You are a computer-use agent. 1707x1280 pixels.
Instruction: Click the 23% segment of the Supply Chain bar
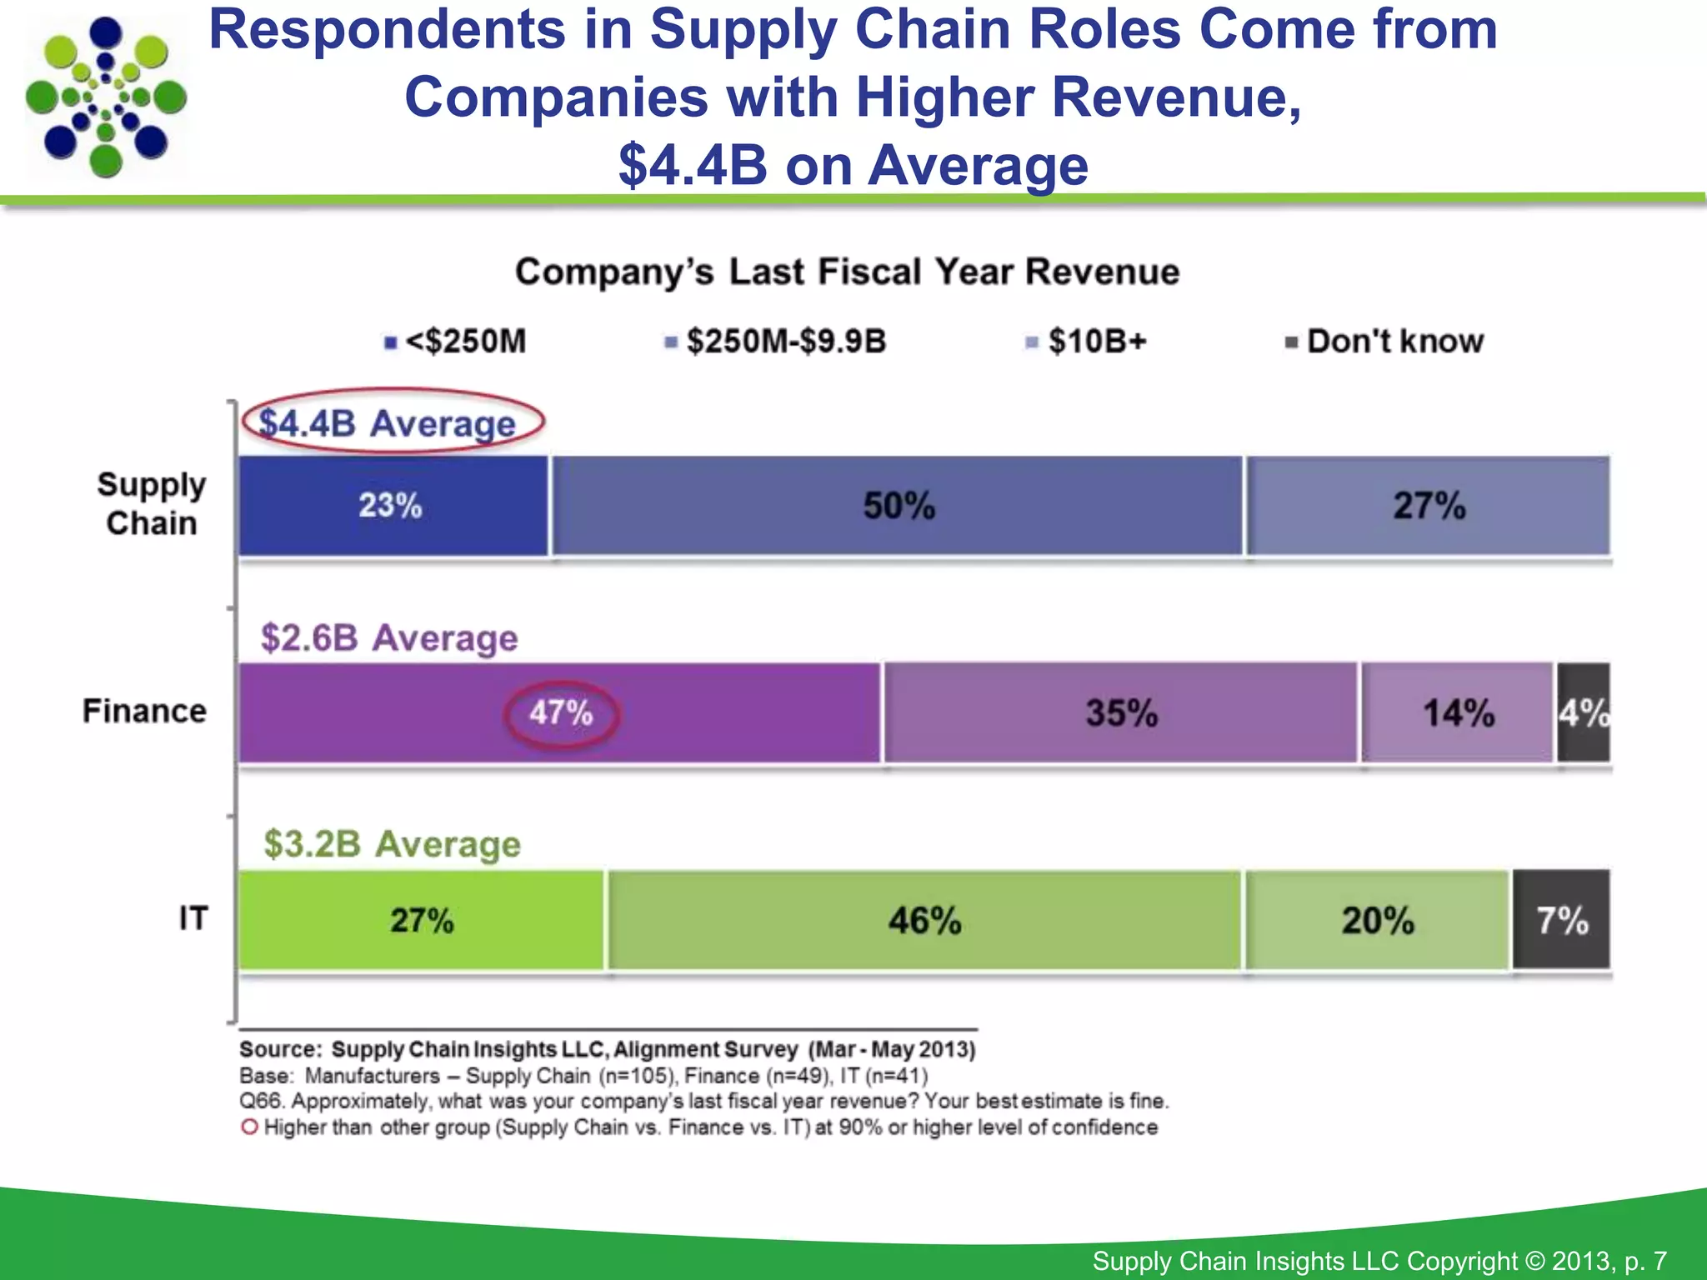[392, 506]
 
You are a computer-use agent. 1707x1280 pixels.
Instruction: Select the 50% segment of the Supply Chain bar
[898, 506]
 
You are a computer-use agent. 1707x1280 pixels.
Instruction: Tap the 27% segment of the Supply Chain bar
[1428, 506]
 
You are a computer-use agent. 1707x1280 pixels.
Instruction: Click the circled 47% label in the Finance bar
[561, 714]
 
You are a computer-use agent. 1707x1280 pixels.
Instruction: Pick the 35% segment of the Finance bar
[1121, 713]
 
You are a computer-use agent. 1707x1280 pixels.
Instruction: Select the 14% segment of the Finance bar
[1458, 713]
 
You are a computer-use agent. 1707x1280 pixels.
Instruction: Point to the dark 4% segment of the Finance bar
[1584, 713]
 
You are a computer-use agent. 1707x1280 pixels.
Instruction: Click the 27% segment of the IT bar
[422, 921]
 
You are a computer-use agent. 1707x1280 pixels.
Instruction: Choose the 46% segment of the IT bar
[924, 921]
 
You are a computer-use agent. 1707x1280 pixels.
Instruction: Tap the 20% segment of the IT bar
[1378, 921]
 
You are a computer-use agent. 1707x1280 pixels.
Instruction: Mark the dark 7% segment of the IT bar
[1562, 921]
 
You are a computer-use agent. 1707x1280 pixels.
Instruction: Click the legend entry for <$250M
[456, 342]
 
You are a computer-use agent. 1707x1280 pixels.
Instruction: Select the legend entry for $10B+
[1088, 342]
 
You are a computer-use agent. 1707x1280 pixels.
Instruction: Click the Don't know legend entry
[1386, 342]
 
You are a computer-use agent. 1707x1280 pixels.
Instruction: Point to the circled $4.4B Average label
[388, 423]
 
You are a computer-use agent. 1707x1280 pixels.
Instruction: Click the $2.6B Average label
[389, 638]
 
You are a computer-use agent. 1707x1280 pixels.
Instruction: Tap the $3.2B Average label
[392, 844]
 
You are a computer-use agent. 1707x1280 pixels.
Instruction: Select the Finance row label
[144, 712]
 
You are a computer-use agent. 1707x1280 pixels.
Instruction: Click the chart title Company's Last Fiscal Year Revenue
[847, 272]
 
